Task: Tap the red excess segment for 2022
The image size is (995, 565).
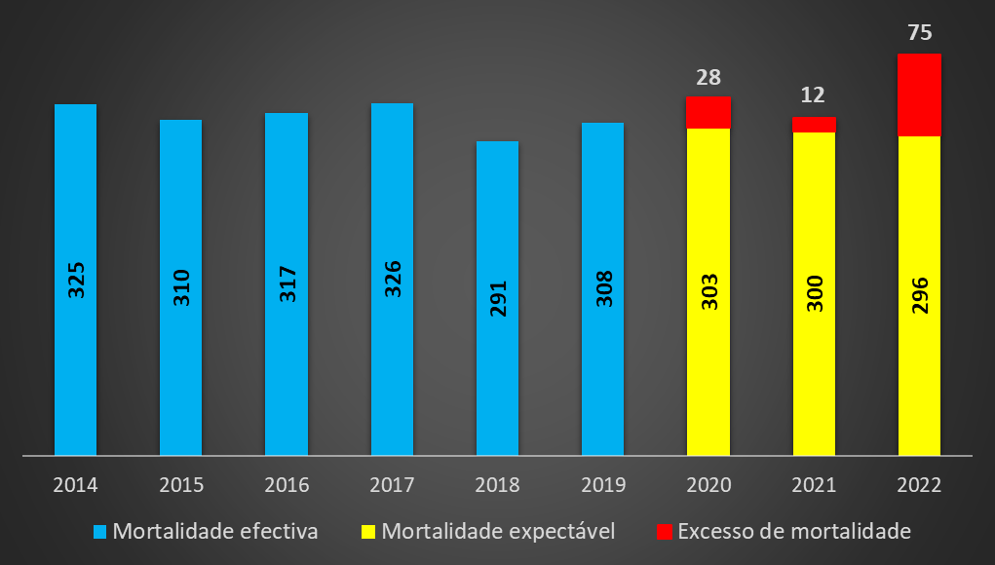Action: (x=919, y=94)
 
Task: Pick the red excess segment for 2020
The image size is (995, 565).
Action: (x=708, y=112)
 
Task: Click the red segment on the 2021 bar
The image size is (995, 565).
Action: (x=814, y=124)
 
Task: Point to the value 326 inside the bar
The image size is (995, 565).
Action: (x=392, y=280)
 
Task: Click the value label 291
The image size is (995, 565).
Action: (x=498, y=297)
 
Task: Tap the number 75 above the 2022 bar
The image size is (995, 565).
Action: (x=919, y=32)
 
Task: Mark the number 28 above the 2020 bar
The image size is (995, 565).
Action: (x=708, y=77)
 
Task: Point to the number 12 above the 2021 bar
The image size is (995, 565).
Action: (x=814, y=95)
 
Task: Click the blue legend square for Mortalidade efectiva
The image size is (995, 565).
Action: (x=99, y=532)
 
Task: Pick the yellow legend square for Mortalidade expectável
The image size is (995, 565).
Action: (x=368, y=532)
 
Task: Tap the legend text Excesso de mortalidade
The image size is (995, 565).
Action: (x=793, y=532)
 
